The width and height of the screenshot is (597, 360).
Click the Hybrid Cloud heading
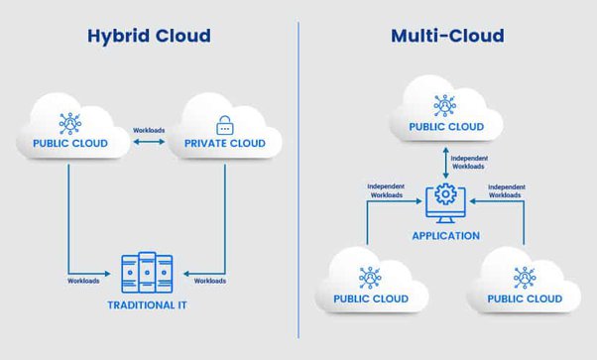[149, 37]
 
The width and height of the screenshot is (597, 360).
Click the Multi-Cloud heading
[446, 37]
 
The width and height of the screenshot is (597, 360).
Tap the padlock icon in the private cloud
[223, 126]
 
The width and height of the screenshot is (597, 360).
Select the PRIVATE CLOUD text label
[224, 145]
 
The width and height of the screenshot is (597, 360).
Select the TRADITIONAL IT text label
[146, 304]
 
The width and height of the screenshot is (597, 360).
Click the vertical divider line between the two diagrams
[298, 179]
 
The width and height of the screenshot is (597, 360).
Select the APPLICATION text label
[445, 236]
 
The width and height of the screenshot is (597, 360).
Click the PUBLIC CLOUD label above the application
[445, 127]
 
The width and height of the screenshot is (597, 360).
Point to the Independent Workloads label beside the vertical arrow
[469, 162]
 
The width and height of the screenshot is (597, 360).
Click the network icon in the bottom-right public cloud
[524, 277]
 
